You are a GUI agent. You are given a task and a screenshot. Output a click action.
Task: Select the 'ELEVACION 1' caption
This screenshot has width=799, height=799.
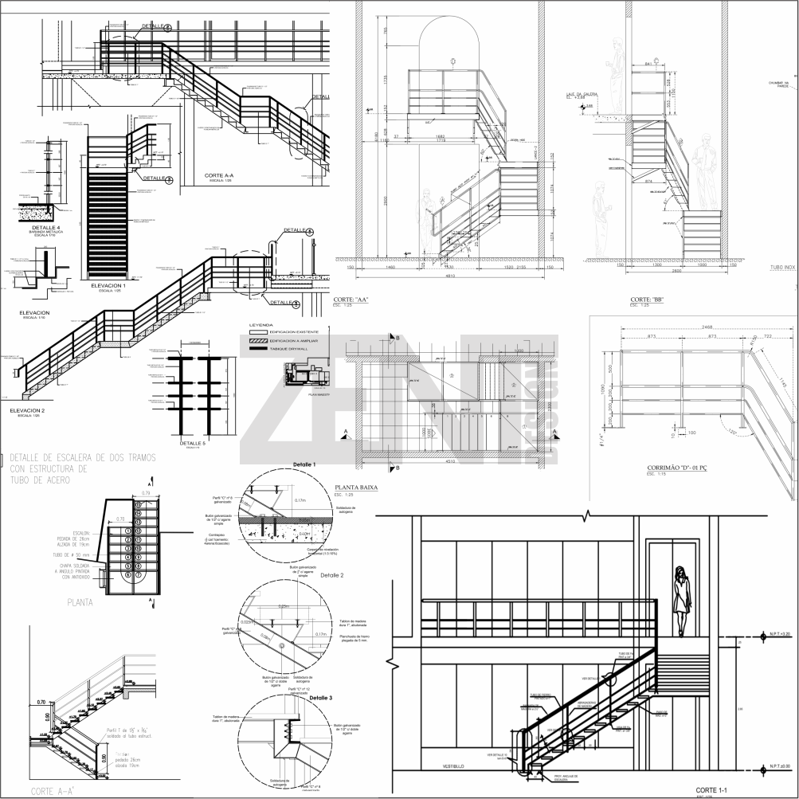pyautogui.click(x=106, y=284)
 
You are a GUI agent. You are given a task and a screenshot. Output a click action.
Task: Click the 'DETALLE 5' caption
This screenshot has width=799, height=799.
pyautogui.click(x=191, y=443)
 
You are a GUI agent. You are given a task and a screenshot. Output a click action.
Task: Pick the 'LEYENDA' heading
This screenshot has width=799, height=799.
pyautogui.click(x=261, y=325)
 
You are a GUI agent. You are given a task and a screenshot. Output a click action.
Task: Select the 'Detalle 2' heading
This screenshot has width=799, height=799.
pyautogui.click(x=329, y=574)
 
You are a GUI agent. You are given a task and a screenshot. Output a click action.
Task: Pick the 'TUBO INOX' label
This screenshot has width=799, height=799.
pyautogui.click(x=782, y=268)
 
